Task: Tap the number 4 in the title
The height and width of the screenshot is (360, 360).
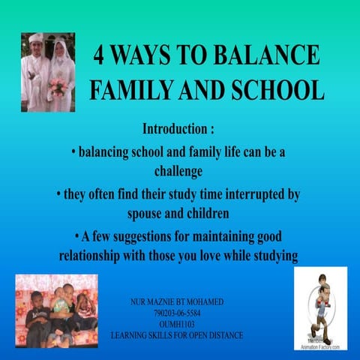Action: coord(102,56)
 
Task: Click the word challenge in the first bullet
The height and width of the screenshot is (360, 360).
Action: coord(178,170)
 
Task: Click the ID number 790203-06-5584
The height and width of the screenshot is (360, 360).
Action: coord(176,313)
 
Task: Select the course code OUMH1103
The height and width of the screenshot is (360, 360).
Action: coord(176,324)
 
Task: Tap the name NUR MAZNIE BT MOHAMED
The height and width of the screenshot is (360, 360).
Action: coord(176,302)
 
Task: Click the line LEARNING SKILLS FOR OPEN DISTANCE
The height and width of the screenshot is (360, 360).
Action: coord(176,335)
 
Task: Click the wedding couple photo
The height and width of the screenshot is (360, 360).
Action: coord(48,72)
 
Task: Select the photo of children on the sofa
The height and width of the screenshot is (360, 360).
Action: coord(56,310)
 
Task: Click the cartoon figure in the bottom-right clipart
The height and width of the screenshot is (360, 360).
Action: coord(319,304)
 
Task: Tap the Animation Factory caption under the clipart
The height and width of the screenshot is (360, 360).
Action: coord(320,346)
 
